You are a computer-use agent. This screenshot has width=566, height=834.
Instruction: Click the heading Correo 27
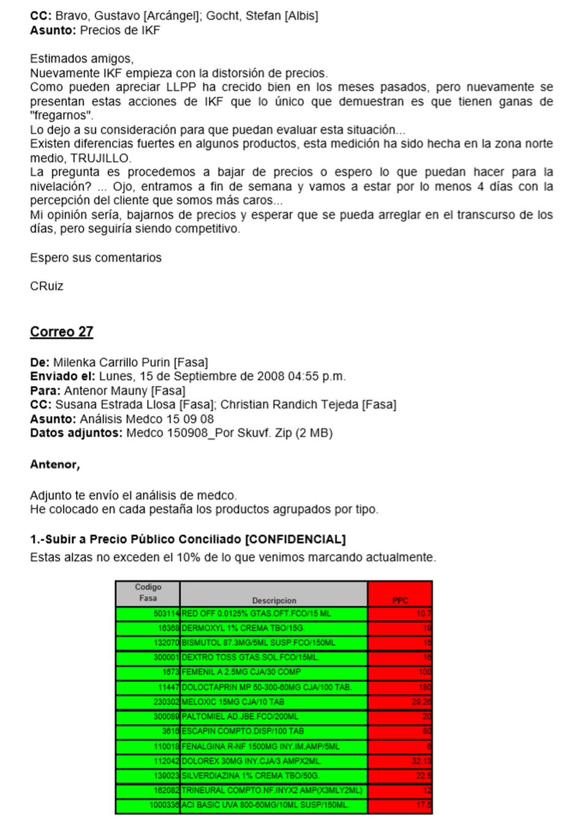[61, 332]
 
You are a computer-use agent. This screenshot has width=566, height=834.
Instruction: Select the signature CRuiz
[47, 286]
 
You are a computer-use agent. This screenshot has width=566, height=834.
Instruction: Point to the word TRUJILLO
[105, 158]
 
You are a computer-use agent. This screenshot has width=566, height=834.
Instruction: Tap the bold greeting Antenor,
[55, 464]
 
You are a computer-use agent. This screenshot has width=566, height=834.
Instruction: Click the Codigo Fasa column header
[148, 593]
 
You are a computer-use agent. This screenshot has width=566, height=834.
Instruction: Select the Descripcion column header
[274, 601]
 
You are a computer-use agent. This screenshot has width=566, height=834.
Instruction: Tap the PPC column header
[400, 601]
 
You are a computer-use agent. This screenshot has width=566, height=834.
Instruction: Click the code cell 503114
[166, 613]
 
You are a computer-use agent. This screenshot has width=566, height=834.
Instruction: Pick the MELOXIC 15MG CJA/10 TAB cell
[233, 702]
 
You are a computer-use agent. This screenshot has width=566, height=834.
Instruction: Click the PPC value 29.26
[421, 702]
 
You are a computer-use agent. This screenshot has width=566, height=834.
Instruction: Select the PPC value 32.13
[421, 761]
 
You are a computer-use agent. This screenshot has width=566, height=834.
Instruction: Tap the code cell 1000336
[164, 805]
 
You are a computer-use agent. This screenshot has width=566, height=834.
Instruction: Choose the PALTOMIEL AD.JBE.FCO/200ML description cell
[240, 716]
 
